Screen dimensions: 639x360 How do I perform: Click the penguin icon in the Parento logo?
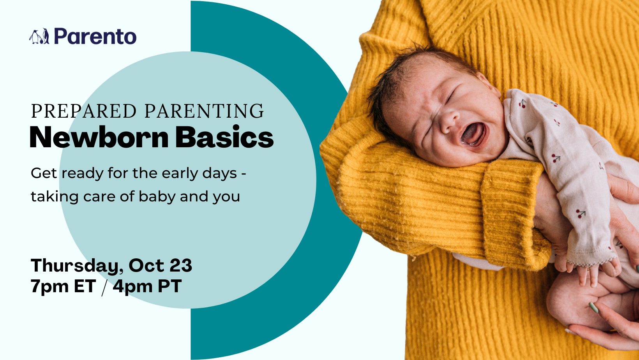[x=39, y=37]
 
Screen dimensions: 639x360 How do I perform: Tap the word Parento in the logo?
[x=95, y=36]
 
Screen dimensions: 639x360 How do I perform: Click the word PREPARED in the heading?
[x=84, y=111]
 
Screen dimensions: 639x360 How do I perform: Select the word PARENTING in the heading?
[x=204, y=111]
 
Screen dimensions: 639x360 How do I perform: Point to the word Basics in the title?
[x=224, y=137]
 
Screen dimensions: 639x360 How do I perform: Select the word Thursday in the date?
[x=75, y=266]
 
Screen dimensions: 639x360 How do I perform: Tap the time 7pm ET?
[x=64, y=286]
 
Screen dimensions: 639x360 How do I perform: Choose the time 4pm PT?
[x=147, y=286]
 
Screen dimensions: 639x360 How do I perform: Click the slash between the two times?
[x=104, y=287]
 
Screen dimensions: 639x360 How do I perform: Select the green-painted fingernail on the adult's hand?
[x=594, y=308]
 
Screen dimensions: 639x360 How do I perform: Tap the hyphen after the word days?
[x=244, y=174]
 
